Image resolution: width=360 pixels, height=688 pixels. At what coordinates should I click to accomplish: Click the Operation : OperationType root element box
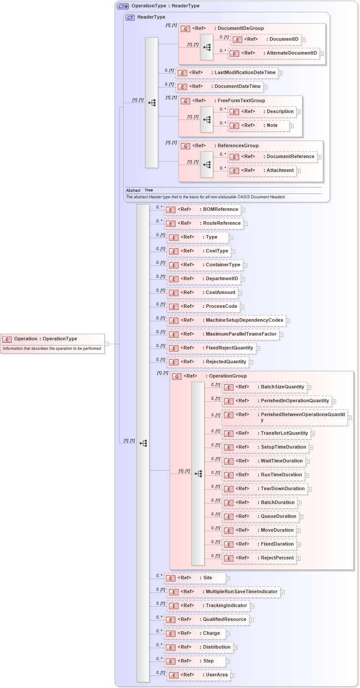(52, 339)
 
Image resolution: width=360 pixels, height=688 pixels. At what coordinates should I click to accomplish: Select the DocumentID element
(271, 39)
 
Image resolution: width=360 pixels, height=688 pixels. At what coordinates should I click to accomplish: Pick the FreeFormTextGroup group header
(241, 101)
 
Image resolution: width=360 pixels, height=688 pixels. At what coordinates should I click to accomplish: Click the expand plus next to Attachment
(299, 171)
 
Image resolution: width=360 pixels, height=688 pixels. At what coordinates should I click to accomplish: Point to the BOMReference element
(207, 210)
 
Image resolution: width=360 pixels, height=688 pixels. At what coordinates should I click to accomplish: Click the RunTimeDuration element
(268, 475)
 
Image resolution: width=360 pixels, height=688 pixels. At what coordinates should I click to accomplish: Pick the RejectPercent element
(263, 558)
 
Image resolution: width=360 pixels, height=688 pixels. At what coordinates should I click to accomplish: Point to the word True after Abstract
(149, 191)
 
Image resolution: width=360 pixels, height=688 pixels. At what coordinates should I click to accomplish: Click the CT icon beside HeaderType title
(130, 17)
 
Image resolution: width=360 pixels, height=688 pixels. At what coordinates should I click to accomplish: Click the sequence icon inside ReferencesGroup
(207, 165)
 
